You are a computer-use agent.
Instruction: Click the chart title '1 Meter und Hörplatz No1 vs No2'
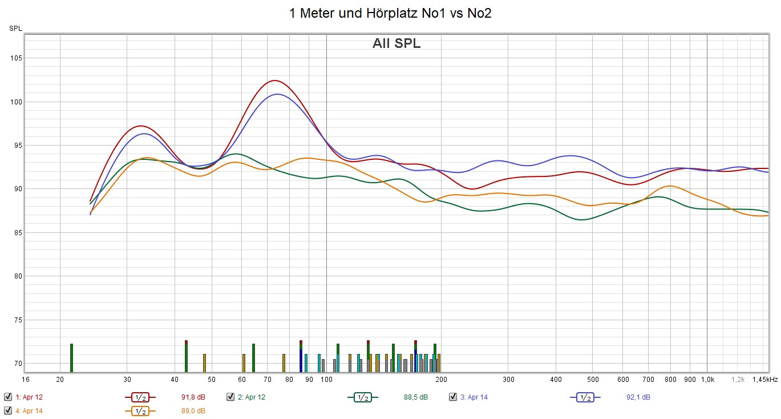click(390, 13)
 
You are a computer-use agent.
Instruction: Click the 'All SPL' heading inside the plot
click(396, 43)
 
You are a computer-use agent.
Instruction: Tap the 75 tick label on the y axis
click(17, 320)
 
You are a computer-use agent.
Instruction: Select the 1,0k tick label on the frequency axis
click(707, 379)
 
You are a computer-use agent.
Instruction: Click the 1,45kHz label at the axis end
click(764, 379)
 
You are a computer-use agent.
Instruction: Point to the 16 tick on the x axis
click(25, 379)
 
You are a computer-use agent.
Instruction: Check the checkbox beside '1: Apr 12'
click(8, 397)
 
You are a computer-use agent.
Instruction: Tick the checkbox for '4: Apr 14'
click(8, 410)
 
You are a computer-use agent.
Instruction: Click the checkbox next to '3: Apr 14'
click(453, 397)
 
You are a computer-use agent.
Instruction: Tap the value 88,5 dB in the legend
click(415, 397)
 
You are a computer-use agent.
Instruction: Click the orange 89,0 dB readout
click(193, 411)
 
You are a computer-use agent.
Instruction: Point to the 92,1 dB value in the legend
click(638, 397)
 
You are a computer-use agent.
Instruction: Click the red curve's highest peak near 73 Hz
click(274, 80)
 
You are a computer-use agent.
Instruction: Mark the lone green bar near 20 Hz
click(71, 358)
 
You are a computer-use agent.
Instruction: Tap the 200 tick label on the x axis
click(441, 379)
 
